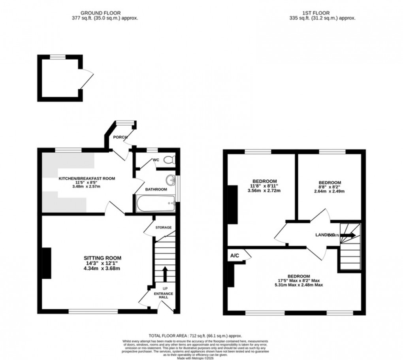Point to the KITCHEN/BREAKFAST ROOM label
pos(87,179)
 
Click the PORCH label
pos(120,137)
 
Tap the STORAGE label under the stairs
pos(164,228)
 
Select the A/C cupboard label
pos(235,256)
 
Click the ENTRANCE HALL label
pos(164,295)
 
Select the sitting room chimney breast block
pos(46,263)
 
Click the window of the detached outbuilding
pos(57,57)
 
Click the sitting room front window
pos(94,311)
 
